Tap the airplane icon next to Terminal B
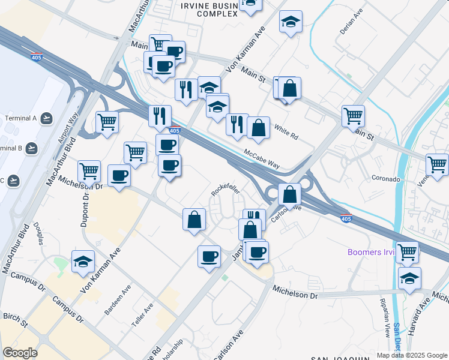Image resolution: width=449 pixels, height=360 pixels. (x=32, y=148)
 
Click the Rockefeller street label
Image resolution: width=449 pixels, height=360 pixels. (x=226, y=190)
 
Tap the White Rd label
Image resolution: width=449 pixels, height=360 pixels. (x=286, y=132)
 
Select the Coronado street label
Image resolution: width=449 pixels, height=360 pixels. (x=385, y=179)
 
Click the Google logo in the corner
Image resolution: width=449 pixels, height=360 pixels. (x=20, y=353)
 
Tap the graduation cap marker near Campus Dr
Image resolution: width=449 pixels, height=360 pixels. (x=83, y=261)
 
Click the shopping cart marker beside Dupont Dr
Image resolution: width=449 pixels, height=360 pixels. (x=89, y=170)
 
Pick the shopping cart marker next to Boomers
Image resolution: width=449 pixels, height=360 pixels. (x=407, y=252)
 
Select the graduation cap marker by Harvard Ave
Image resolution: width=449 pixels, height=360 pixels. (x=409, y=278)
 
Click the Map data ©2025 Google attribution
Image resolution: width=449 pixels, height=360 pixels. (x=411, y=355)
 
